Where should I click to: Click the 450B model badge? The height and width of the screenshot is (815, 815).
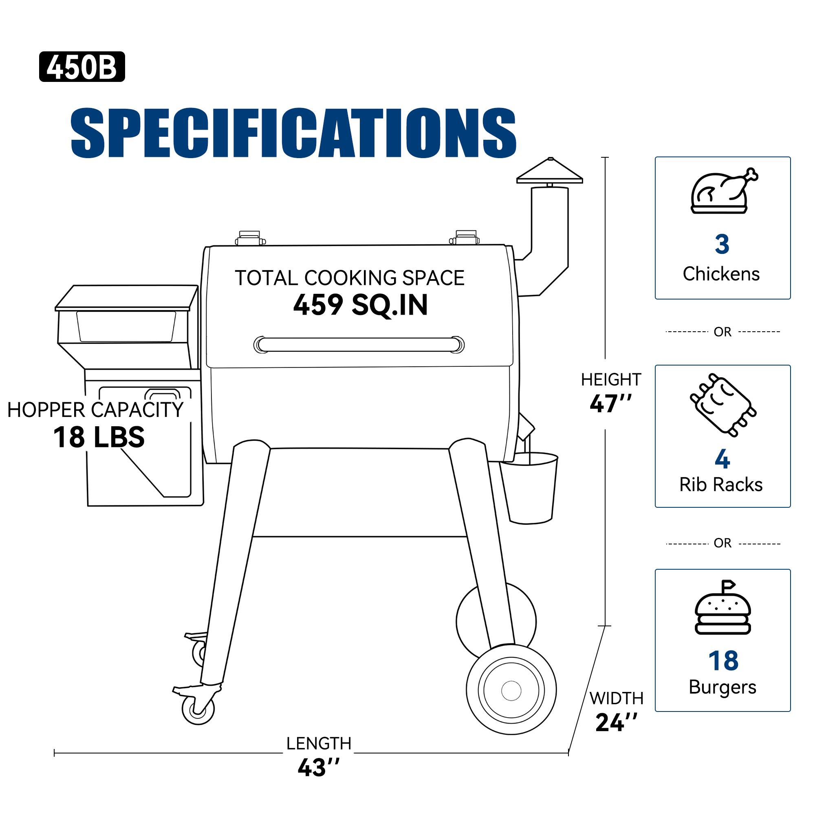click(x=82, y=67)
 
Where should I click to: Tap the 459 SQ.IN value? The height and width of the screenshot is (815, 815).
click(x=360, y=305)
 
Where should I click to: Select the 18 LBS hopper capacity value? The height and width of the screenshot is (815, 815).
click(x=99, y=437)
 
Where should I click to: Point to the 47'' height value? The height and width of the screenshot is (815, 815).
click(x=610, y=404)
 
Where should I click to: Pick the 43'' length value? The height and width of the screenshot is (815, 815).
click(x=319, y=767)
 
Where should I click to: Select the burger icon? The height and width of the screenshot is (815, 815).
click(x=722, y=608)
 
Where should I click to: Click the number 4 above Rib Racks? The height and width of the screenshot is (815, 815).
click(x=722, y=459)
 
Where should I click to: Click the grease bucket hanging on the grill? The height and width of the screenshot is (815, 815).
click(x=529, y=488)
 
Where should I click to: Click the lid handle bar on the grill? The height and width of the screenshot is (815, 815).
click(x=359, y=345)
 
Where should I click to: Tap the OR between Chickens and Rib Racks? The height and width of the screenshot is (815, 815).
click(x=722, y=332)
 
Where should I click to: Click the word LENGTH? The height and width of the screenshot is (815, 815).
click(x=319, y=743)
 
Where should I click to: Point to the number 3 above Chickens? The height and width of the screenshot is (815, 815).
click(x=722, y=244)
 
